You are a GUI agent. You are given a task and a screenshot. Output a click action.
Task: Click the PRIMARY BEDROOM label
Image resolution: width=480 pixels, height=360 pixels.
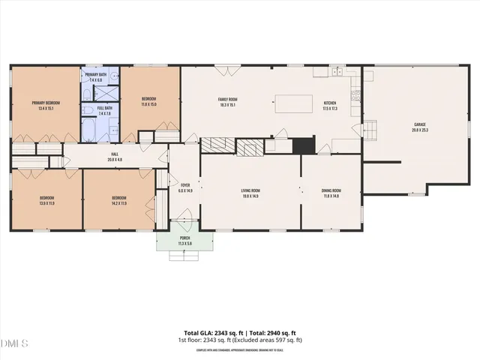click(x=46, y=103)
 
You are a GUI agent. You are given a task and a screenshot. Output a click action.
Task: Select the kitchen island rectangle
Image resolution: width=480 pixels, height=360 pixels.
click(x=292, y=104)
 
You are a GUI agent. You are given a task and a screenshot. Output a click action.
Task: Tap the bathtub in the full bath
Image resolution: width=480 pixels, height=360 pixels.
click(x=87, y=128)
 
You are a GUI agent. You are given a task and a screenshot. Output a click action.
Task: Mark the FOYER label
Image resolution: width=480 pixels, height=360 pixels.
click(x=184, y=185)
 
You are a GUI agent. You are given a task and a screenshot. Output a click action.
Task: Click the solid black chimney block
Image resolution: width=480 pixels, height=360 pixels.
click(x=303, y=145)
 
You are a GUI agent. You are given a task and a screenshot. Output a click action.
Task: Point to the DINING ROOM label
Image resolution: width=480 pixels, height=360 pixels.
click(x=331, y=190)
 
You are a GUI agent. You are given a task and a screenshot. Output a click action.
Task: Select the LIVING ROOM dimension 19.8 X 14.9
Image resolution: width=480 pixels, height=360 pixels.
click(x=250, y=196)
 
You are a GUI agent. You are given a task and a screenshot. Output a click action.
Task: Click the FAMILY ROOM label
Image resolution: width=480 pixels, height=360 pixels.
click(x=227, y=100)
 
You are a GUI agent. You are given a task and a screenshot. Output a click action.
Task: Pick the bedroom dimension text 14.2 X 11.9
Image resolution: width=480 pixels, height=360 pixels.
click(x=118, y=203)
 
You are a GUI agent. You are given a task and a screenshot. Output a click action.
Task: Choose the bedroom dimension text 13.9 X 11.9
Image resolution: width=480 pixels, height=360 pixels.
click(x=46, y=203)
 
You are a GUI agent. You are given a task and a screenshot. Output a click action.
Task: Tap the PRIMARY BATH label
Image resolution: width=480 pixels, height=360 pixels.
click(x=95, y=76)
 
